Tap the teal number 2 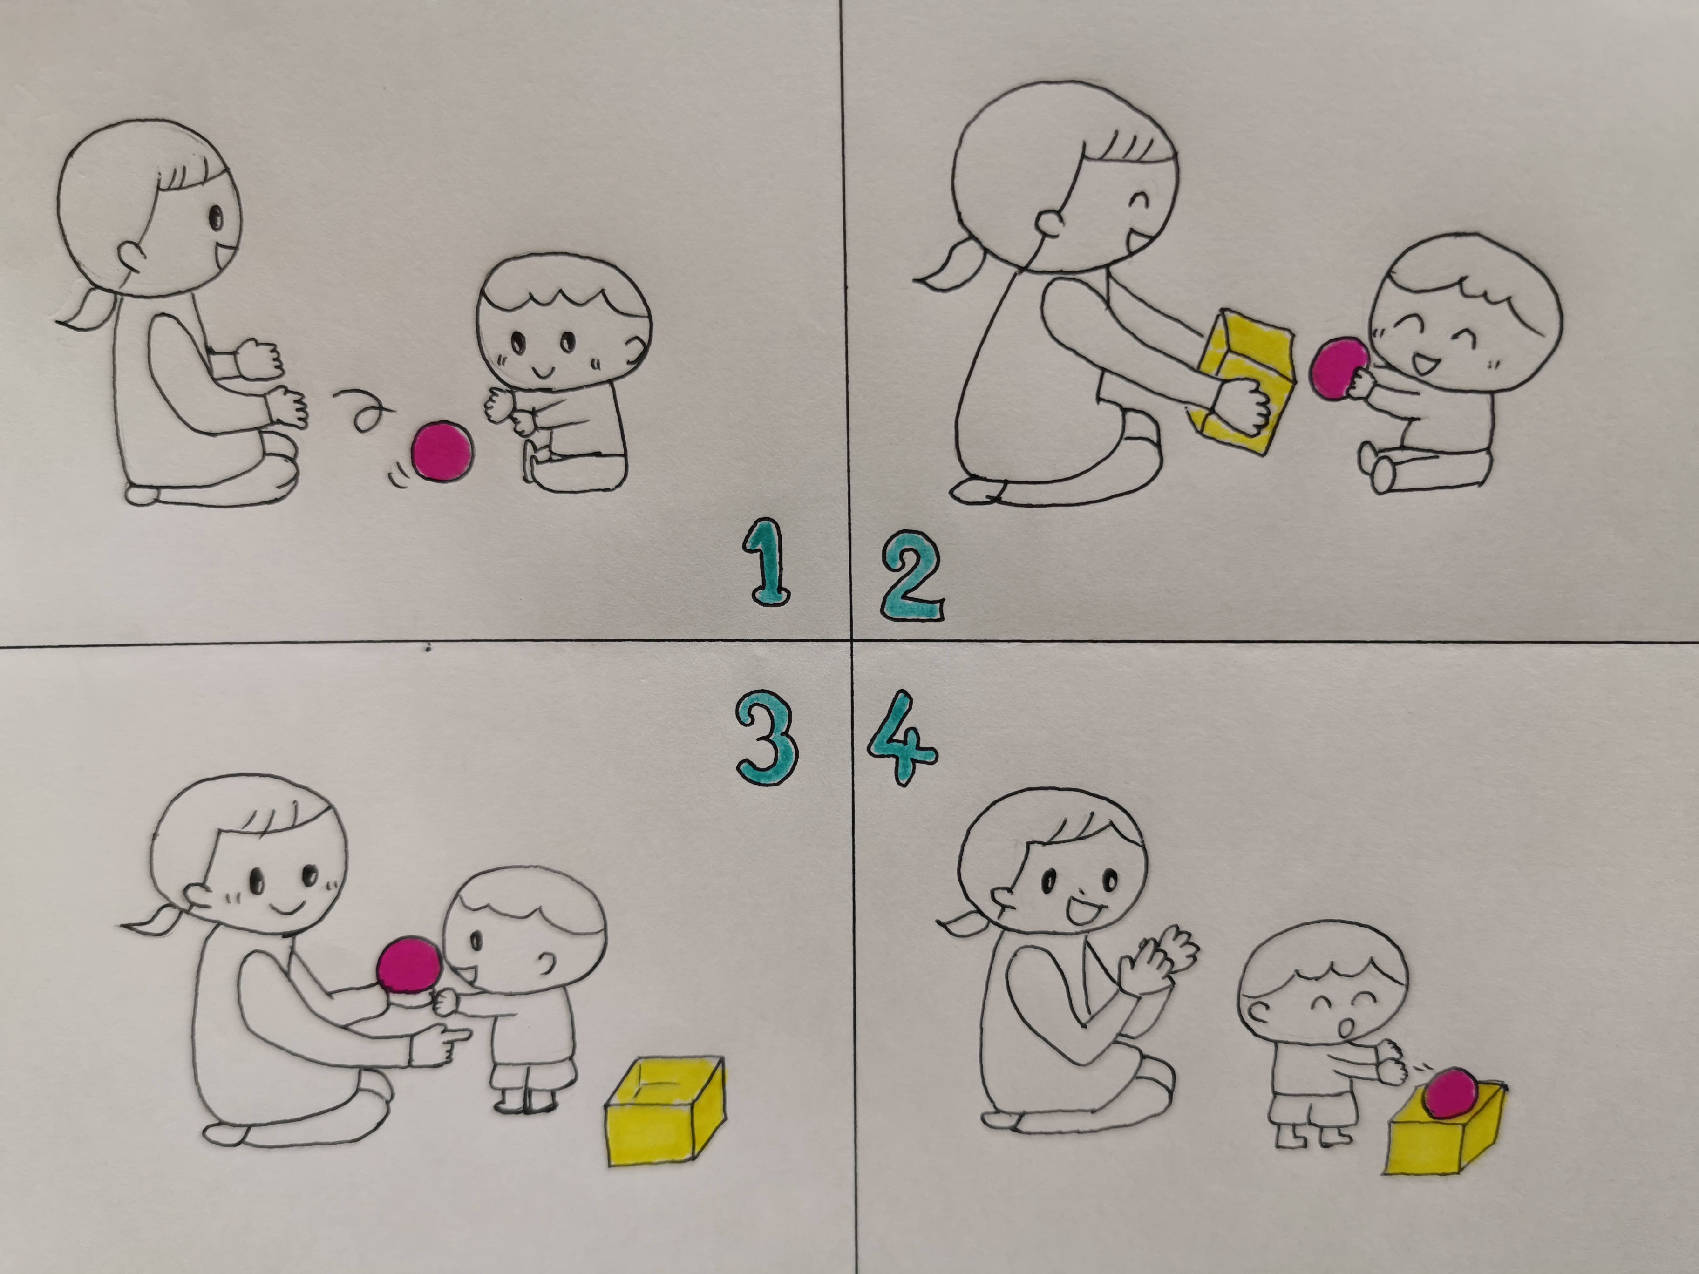click(x=912, y=575)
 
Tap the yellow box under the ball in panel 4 click(x=1445, y=1133)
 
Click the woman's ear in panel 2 click(x=1049, y=223)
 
